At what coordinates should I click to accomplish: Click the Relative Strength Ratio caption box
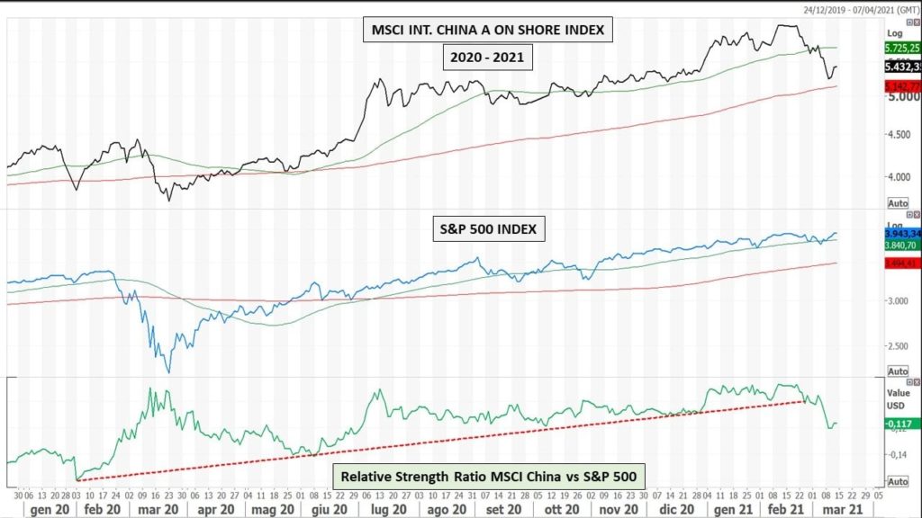tap(490, 477)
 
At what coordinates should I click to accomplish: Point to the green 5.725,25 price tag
tap(902, 47)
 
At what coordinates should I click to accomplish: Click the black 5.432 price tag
tap(902, 67)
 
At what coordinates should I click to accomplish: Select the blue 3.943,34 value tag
tap(902, 233)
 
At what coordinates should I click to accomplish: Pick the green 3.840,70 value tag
tap(902, 244)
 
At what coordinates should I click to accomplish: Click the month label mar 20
tap(157, 508)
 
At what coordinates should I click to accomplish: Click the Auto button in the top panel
tap(898, 201)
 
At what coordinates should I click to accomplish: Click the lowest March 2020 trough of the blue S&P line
tap(168, 371)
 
